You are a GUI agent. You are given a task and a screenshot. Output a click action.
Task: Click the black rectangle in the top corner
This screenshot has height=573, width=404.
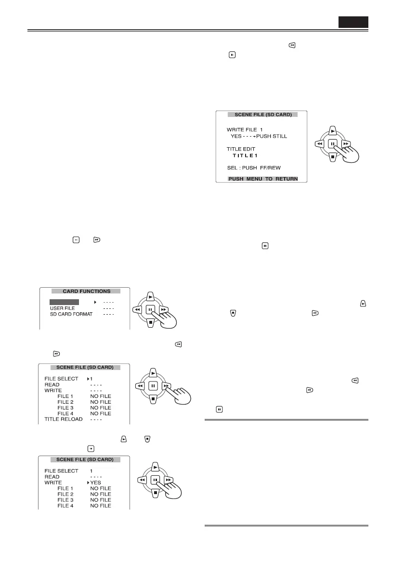[353, 22]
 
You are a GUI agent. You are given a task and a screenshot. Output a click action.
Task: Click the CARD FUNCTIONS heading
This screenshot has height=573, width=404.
[87, 291]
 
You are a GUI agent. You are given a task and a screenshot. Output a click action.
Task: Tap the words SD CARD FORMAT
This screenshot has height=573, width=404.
[71, 314]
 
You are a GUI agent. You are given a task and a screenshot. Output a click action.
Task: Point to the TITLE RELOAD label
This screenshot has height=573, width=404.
[64, 419]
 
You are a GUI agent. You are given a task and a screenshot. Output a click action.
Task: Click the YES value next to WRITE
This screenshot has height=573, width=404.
[95, 483]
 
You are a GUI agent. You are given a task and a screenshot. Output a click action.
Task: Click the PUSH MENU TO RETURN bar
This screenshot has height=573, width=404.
[262, 179]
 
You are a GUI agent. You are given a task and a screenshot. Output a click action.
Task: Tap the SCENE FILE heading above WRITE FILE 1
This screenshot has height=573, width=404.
[263, 115]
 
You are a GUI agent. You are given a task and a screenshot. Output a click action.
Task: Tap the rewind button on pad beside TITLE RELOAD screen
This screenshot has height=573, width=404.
[140, 385]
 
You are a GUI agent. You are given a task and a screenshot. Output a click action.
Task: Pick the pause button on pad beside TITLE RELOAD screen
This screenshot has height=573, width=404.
[153, 385]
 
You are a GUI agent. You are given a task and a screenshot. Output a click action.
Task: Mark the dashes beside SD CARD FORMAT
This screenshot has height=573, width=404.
[107, 314]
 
